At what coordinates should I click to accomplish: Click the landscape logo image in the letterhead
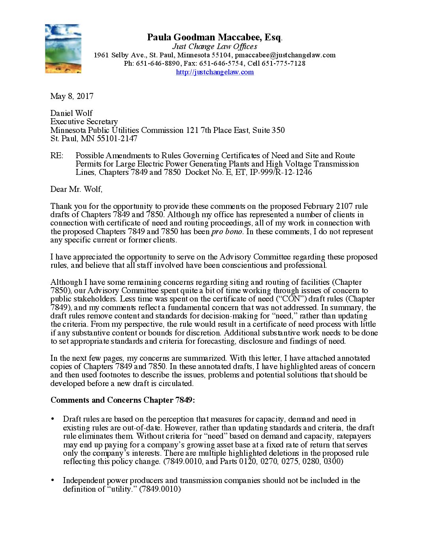pos(63,49)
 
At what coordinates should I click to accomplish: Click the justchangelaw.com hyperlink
pos(215,72)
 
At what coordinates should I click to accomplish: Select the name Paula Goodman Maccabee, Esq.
pos(214,37)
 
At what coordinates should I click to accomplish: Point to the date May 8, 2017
pos(72,96)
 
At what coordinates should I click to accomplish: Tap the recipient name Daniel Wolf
pos(72,113)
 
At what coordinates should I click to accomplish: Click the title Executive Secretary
pos(84,121)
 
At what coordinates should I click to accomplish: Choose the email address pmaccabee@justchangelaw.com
pos(285,55)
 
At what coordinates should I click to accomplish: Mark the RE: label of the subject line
pos(57,155)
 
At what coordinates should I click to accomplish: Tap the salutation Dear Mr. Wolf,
pos(76,189)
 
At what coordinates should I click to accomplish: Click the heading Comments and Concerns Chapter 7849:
pos(123,400)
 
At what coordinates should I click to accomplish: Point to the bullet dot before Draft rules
pos(53,419)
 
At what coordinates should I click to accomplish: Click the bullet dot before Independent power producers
pos(53,480)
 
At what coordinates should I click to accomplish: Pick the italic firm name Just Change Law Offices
pos(215,46)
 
